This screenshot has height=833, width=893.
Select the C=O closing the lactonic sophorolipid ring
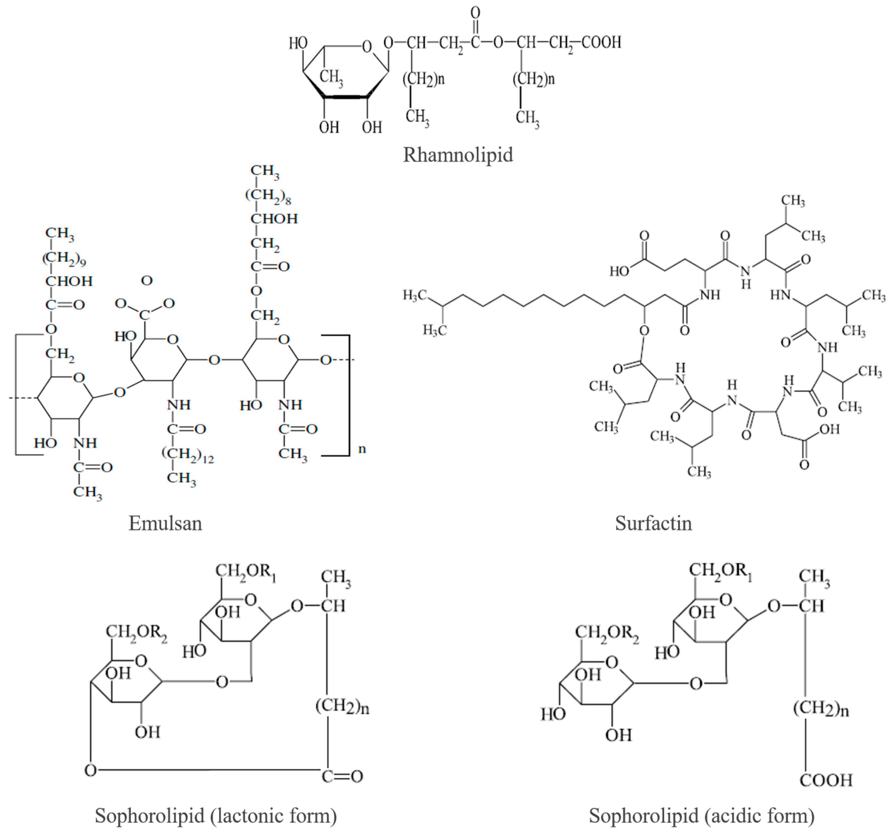(342, 776)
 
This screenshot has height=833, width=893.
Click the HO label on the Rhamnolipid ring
(298, 43)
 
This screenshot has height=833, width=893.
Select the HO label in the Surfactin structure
(619, 271)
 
